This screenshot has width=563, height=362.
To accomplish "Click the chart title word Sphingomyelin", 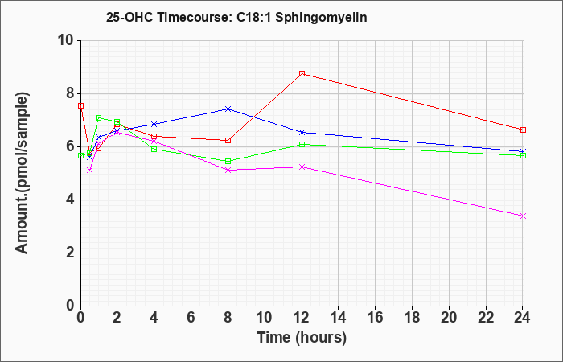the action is pos(321,18).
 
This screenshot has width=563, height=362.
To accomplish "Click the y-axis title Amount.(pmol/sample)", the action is pos(22,173).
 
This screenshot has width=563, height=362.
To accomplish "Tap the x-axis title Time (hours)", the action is pos(302,338).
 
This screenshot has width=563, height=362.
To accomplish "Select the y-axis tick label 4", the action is pos(71,200).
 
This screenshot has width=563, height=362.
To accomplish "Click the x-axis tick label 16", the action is pos(376,317).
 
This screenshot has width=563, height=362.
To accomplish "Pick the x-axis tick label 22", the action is pos(486,317).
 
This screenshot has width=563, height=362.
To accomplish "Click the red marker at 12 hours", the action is pos(302,74).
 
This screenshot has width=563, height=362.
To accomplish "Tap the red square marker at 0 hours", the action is pos(80,105).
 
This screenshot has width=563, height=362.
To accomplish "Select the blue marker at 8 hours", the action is pos(228,109).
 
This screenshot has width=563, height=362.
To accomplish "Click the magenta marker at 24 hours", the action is pos(523,216).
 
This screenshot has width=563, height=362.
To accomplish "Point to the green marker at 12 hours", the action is pos(302,144).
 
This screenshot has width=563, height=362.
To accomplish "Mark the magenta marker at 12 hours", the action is pos(302,167).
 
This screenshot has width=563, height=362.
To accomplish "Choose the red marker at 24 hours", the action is pos(523,130).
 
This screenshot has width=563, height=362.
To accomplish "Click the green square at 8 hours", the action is pos(228,161).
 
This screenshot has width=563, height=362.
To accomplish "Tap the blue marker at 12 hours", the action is pos(302,132).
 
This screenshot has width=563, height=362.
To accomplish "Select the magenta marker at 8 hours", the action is pos(228,170).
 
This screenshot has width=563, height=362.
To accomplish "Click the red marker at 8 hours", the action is pos(228,141).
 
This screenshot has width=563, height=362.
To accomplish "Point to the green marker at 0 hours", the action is pos(80,155).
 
